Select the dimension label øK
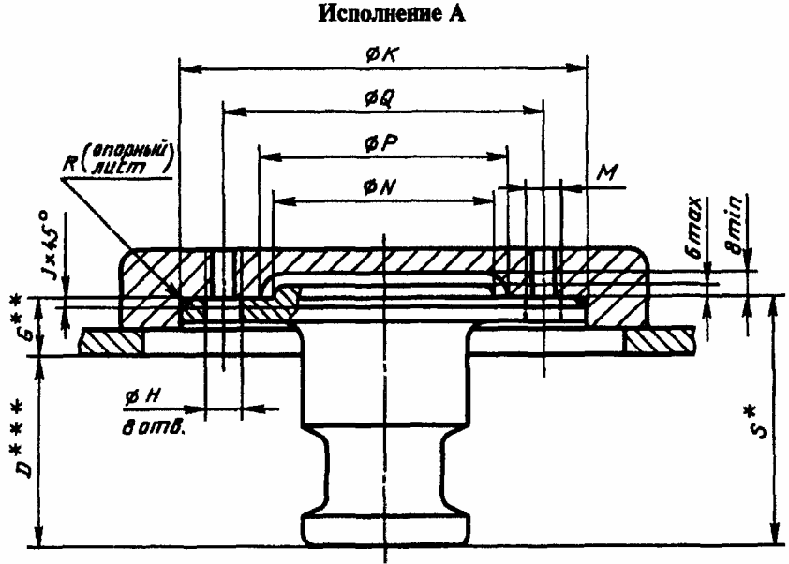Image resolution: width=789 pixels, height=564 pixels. (x=383, y=57)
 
